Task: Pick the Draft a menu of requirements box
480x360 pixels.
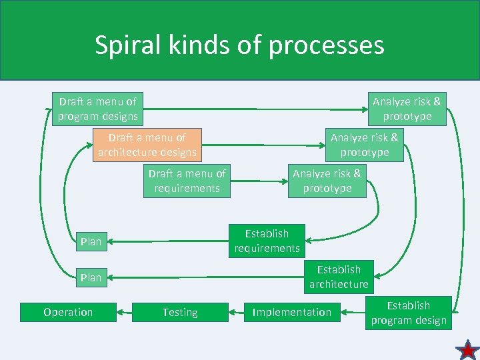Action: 187,181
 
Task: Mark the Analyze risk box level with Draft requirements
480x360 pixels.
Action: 327,181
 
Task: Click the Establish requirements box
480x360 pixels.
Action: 267,241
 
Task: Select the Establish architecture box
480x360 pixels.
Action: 339,277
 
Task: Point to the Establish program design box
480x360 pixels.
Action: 409,313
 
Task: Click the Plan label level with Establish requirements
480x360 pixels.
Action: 91,241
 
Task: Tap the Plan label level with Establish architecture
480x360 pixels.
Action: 91,277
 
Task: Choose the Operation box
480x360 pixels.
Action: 68,312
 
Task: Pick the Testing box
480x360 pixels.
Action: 180,312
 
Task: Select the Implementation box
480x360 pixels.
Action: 291,312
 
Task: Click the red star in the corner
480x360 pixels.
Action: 467,349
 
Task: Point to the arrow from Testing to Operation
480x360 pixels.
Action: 125,312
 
